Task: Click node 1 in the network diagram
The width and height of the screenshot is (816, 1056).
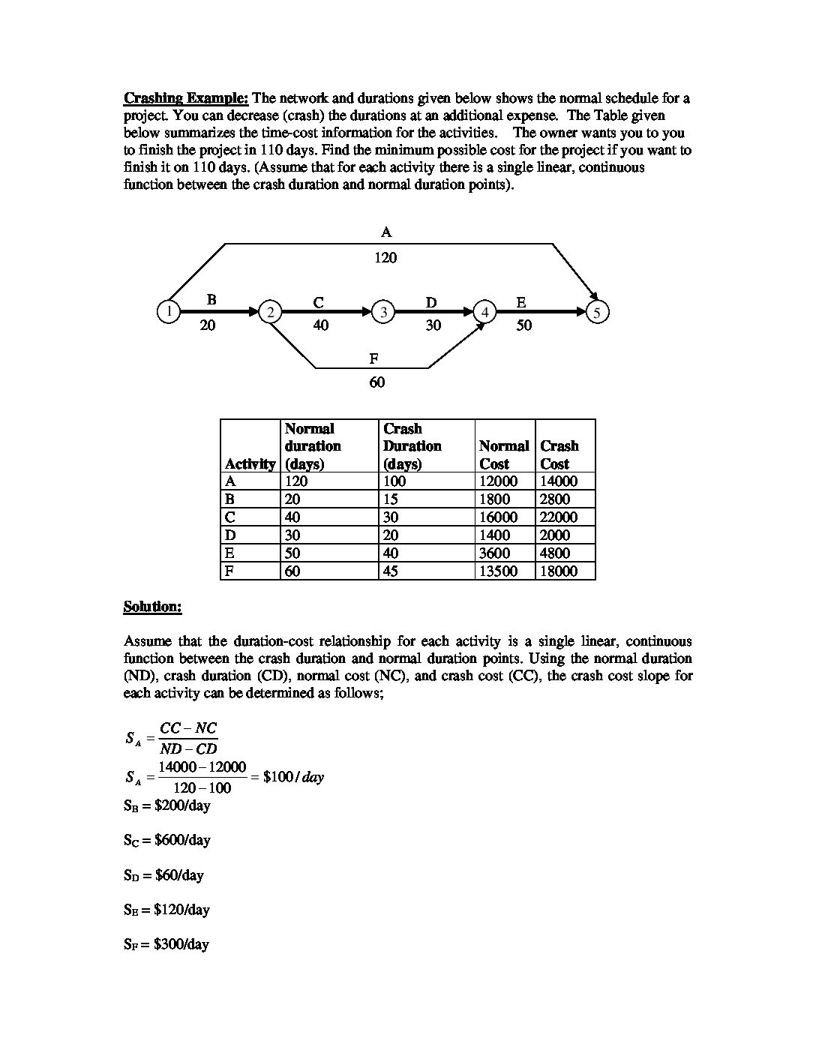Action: (x=169, y=311)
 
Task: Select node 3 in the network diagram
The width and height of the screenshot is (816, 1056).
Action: (x=383, y=312)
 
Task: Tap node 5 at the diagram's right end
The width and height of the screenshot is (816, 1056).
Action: (x=598, y=312)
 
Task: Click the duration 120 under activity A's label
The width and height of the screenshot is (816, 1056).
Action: (x=385, y=258)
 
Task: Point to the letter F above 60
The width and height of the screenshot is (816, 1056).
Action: (x=373, y=359)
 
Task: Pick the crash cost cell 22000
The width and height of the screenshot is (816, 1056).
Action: (x=559, y=517)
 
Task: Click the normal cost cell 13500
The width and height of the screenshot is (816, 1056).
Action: (x=498, y=571)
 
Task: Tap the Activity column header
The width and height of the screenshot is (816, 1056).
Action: (x=250, y=463)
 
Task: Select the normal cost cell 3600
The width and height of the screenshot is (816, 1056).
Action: (x=494, y=553)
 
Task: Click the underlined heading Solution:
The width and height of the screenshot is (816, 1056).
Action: (x=152, y=607)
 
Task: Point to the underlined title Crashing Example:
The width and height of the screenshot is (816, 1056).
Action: (x=186, y=98)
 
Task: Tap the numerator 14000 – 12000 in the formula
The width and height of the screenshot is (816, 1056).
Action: (x=202, y=767)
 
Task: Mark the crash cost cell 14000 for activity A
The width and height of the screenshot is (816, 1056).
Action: (x=559, y=481)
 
